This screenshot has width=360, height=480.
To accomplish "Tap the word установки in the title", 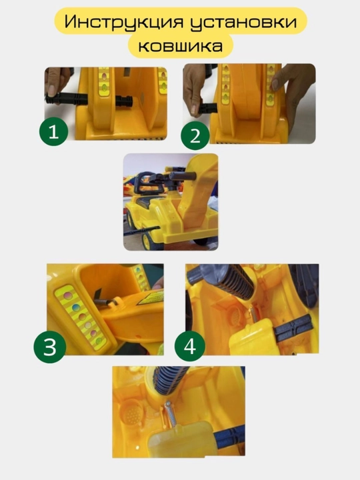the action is (x=244, y=23).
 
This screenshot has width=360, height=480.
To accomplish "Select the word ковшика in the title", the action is (x=181, y=46).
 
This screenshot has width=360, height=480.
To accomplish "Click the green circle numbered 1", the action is (x=53, y=131).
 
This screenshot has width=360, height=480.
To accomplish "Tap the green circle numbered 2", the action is (x=195, y=136).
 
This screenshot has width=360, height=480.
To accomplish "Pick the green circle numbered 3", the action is (x=50, y=347).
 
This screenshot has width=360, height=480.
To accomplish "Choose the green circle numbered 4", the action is (x=189, y=347).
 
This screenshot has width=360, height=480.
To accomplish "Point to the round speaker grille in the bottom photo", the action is (x=131, y=411).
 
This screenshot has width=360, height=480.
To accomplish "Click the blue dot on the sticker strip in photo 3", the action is (x=76, y=307).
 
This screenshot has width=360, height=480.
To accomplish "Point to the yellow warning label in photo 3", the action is (x=151, y=298).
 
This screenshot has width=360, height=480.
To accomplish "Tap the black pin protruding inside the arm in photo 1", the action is (x=124, y=101).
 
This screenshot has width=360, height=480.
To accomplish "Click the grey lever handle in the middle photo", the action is (x=182, y=176).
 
